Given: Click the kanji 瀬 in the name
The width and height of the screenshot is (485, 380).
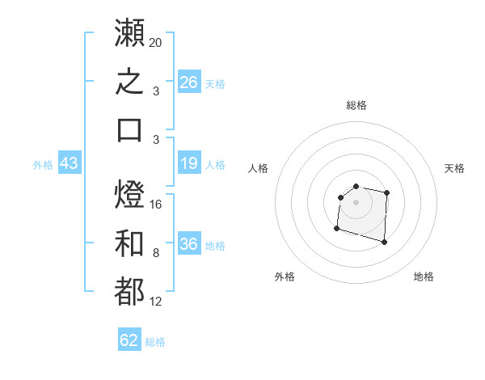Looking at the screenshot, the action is click(x=129, y=32).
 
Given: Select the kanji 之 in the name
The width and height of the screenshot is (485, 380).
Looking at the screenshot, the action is click(x=129, y=81).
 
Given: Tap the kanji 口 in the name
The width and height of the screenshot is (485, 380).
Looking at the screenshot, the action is click(x=129, y=130).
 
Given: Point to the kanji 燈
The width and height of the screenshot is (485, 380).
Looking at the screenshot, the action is click(x=129, y=194).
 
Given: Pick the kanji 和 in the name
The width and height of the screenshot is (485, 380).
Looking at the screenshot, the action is click(x=129, y=243).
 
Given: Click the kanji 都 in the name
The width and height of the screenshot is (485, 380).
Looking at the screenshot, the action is click(x=129, y=291).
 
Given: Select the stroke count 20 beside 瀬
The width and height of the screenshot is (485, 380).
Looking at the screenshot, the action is click(x=155, y=43).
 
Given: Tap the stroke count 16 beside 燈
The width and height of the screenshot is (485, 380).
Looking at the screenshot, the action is click(x=155, y=205).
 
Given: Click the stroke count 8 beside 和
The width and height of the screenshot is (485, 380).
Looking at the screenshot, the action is click(x=156, y=253).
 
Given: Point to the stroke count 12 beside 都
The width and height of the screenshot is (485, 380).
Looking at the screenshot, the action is click(x=155, y=302).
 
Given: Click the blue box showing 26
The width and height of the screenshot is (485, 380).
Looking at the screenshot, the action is click(x=189, y=82).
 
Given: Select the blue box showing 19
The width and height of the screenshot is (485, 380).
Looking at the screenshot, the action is click(x=189, y=163).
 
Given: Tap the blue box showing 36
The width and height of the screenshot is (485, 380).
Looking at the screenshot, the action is click(x=189, y=243).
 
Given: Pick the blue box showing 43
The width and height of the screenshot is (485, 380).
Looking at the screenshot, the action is click(x=70, y=163).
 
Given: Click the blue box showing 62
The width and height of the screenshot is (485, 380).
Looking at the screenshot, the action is click(x=129, y=339).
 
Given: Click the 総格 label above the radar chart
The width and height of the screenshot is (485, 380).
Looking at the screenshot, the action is click(x=356, y=105).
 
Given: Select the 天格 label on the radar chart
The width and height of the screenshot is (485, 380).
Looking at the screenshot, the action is click(x=454, y=168).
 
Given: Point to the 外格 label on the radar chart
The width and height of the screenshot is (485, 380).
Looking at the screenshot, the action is click(x=285, y=277).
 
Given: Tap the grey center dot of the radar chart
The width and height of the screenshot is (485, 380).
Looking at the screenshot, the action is click(x=356, y=202).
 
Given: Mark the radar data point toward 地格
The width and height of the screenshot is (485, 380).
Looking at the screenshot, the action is click(x=384, y=242).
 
